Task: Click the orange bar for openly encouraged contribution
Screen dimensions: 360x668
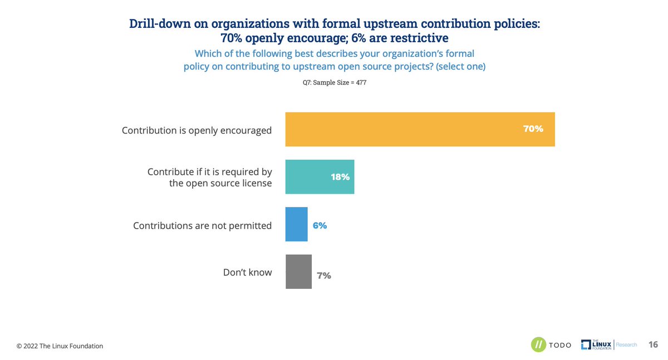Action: click(420, 130)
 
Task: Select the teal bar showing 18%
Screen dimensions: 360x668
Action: click(320, 177)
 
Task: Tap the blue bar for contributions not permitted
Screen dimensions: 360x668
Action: click(296, 225)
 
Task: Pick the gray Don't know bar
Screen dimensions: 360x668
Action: click(298, 272)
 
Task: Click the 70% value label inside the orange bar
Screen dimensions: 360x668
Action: click(533, 129)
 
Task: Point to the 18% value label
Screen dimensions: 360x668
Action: click(340, 177)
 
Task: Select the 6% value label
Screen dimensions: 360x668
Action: click(320, 226)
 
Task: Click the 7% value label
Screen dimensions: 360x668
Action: click(324, 275)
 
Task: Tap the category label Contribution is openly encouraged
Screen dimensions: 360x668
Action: click(197, 131)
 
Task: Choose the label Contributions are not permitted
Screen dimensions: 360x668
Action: click(202, 225)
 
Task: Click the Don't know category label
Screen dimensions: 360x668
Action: click(247, 272)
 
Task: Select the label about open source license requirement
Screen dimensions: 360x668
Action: click(209, 177)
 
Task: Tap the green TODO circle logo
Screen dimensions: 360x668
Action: click(538, 345)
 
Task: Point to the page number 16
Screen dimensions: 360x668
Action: click(653, 345)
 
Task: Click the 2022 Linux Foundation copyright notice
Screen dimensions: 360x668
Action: click(60, 346)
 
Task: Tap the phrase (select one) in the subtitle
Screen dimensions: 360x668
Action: click(460, 67)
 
